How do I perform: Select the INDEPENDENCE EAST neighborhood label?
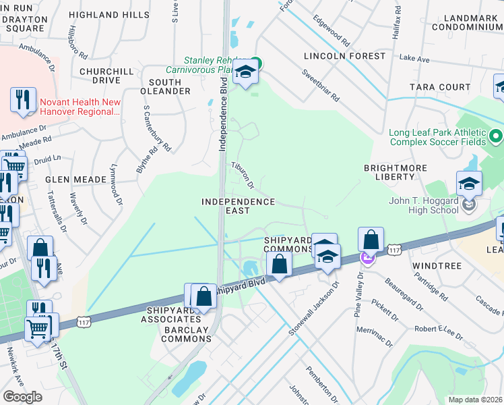[239, 206]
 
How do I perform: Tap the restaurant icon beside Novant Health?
[24, 100]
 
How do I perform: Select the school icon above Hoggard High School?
[469, 184]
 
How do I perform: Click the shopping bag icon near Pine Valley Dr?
[371, 240]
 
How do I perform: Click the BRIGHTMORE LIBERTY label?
[398, 171]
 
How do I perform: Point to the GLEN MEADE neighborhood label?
[75, 180]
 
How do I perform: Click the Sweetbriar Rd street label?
[321, 85]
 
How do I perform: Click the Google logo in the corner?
[22, 397]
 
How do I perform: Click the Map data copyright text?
[474, 400]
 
